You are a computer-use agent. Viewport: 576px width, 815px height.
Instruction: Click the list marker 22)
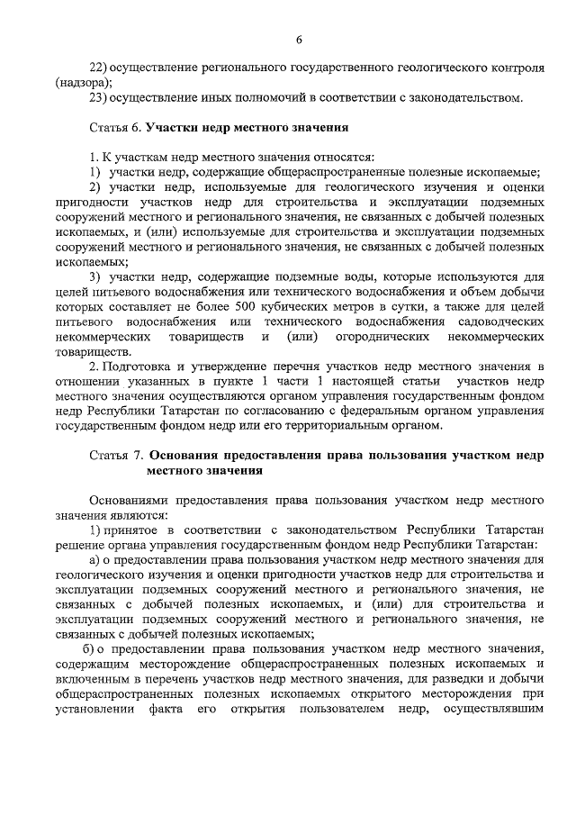coord(99,68)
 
